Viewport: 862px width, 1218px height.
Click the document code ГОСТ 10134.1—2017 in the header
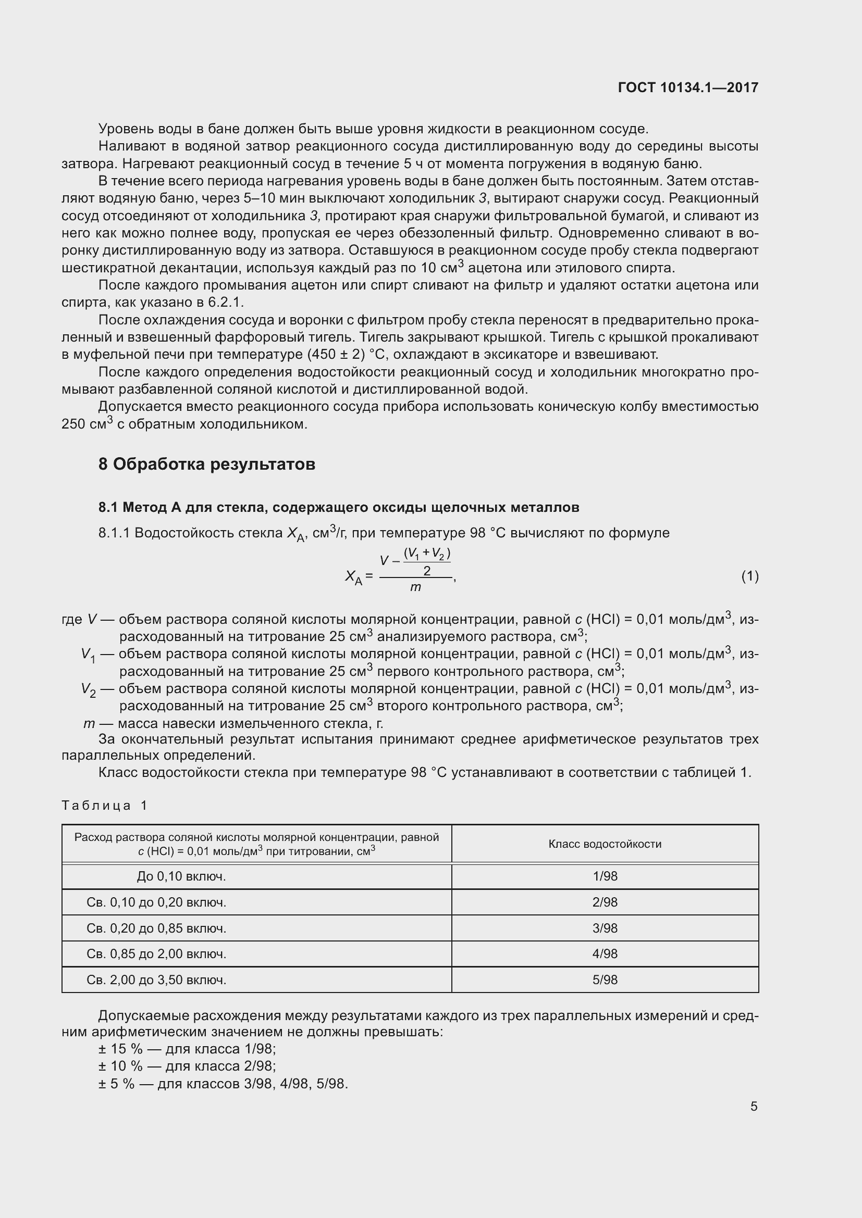[688, 87]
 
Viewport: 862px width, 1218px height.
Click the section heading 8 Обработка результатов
[206, 464]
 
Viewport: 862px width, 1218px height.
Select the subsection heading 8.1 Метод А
[338, 507]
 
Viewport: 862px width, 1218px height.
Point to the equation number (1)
[749, 576]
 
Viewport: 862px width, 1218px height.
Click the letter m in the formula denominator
[415, 587]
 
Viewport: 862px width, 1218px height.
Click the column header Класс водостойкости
[605, 844]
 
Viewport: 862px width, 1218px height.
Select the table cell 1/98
[605, 876]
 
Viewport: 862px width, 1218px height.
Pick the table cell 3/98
[605, 928]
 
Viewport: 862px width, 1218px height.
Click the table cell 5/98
[605, 980]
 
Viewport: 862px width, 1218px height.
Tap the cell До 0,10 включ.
[181, 876]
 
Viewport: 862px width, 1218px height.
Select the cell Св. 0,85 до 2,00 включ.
[156, 954]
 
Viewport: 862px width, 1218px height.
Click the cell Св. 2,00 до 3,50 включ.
[156, 980]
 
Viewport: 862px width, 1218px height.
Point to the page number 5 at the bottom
[754, 1106]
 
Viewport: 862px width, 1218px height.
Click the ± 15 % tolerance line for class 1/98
[187, 1049]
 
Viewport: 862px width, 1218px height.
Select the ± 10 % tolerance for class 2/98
[187, 1066]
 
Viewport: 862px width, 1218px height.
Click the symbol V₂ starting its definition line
[88, 689]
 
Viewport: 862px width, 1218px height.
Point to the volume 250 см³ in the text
[87, 424]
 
